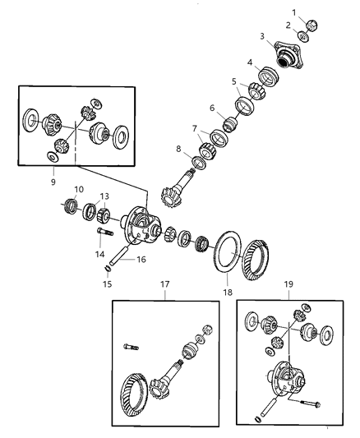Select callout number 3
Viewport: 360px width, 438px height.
click(263, 38)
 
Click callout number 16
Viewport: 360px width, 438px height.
click(141, 259)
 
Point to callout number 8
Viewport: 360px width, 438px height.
click(179, 149)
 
